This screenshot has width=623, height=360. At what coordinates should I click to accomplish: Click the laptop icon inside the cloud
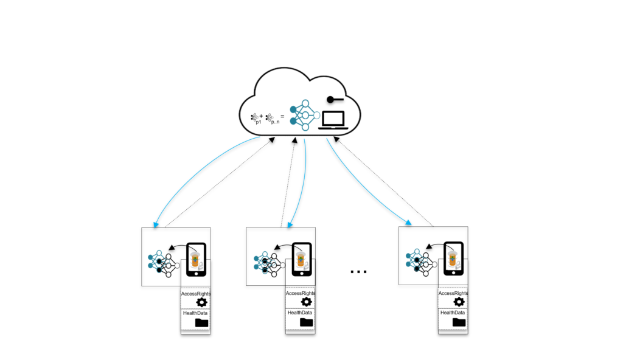(334, 120)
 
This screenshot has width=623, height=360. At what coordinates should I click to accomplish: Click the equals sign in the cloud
(282, 115)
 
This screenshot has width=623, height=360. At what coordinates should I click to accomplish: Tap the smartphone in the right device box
(453, 259)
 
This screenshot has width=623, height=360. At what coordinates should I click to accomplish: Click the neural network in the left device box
(161, 260)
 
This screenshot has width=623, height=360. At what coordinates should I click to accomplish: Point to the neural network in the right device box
(419, 260)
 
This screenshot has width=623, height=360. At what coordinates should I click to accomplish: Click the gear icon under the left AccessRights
(201, 302)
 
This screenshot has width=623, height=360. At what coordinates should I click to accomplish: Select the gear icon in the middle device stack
(307, 302)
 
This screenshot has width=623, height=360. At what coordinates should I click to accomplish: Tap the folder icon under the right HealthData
(459, 322)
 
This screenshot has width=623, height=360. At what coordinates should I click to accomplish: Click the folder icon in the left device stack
(201, 322)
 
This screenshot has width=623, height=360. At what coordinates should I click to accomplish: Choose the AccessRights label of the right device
(453, 293)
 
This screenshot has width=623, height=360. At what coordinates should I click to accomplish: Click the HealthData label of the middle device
(300, 313)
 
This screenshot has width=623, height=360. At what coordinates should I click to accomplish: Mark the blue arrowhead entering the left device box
(156, 225)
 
